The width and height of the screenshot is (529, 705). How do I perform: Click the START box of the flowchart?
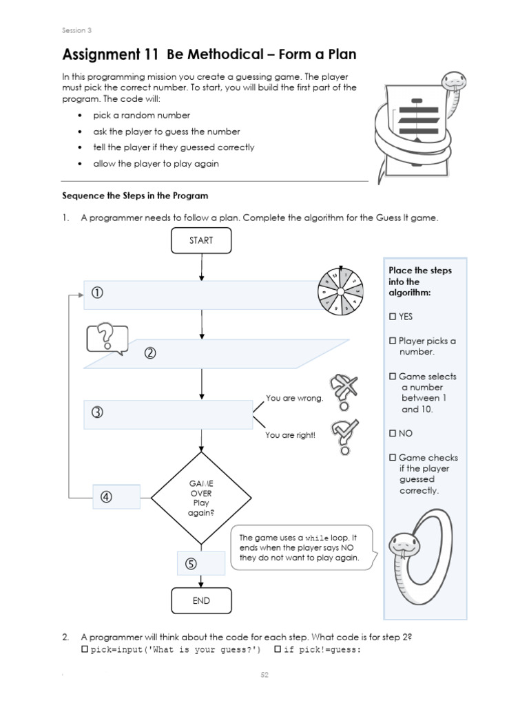pos(201,240)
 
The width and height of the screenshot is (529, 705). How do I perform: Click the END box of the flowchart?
pos(201,600)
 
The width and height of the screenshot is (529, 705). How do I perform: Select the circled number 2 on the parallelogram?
pos(150,353)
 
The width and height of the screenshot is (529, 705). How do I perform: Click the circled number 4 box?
pos(107,497)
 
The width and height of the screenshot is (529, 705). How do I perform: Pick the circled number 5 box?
pos(191,563)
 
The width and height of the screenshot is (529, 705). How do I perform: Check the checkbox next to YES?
pos(393,317)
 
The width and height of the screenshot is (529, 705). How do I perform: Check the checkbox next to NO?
pos(393,434)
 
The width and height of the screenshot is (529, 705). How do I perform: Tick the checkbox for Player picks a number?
pos(393,341)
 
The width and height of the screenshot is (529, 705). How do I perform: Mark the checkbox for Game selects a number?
pos(393,377)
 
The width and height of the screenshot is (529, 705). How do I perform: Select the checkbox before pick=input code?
pos(85,649)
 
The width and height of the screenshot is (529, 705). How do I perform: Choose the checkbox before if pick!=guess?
pos(278,649)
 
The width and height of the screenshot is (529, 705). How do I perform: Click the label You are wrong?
pos(294,399)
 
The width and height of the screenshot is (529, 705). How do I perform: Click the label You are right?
pos(290,435)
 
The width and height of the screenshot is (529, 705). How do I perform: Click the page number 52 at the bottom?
pos(264,675)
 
